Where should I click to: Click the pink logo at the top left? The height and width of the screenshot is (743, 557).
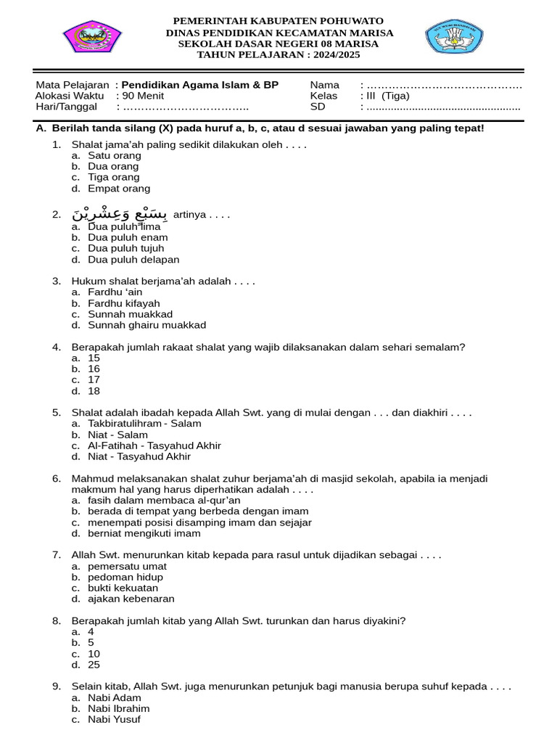(x=92, y=36)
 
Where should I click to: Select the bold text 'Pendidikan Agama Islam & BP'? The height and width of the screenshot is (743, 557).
(x=199, y=85)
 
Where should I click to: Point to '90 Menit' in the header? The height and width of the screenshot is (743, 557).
(x=143, y=96)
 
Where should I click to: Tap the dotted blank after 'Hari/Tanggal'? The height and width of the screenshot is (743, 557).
(x=185, y=107)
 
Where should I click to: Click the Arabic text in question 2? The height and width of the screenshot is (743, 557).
(x=120, y=214)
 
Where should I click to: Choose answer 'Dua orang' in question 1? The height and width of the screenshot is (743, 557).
(x=113, y=166)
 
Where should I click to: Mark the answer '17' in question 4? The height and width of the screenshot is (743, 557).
(x=94, y=379)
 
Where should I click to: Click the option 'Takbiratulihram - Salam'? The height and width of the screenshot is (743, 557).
(x=144, y=424)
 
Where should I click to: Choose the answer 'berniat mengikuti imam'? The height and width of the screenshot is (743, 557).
(x=144, y=533)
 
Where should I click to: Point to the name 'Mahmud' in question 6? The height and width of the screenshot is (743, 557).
(x=91, y=479)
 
